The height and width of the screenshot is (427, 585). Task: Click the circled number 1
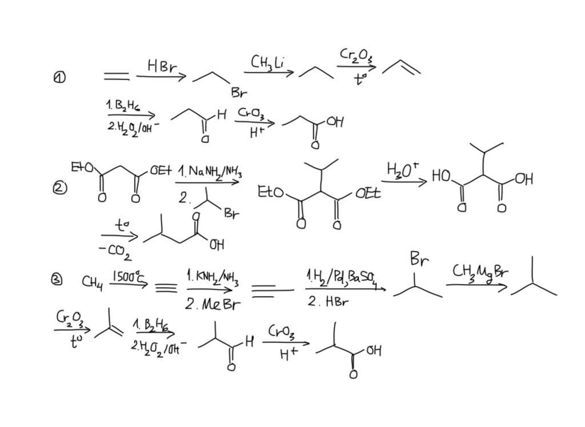click(59, 77)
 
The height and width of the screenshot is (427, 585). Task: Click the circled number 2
click(60, 187)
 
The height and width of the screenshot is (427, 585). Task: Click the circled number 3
click(57, 280)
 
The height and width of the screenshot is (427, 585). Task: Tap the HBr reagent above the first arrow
click(162, 66)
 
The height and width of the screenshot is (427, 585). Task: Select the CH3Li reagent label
click(267, 62)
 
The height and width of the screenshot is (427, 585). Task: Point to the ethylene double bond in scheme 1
click(116, 76)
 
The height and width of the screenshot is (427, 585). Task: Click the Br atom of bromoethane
click(239, 92)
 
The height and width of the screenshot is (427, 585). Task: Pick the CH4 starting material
click(93, 282)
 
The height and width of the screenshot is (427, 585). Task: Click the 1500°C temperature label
click(129, 276)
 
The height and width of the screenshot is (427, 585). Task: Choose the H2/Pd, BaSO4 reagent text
click(342, 278)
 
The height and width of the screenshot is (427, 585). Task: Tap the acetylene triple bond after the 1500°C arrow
click(166, 288)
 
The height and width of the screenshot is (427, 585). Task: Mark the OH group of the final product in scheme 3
click(373, 350)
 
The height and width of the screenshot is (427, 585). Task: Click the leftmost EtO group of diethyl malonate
click(82, 167)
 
